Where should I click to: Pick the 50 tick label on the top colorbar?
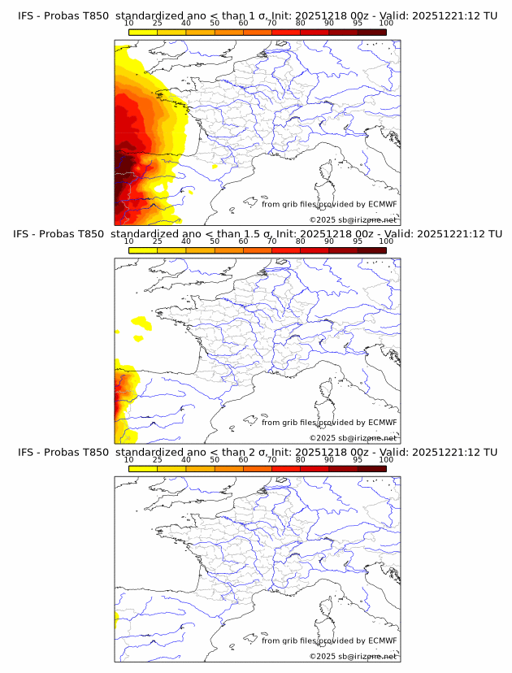tap(215, 23)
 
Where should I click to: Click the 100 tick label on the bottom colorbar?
tap(386, 459)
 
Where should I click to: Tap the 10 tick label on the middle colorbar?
tap(129, 241)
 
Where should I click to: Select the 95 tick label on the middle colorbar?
tap(358, 241)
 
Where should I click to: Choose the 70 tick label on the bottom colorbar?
tap(271, 459)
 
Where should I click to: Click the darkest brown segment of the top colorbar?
tap(371, 32)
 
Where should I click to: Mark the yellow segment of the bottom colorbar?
tap(143, 467)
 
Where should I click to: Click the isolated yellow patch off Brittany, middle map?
tap(141, 325)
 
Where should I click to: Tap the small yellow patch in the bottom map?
tap(117, 623)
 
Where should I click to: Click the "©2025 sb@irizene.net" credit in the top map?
tap(353, 220)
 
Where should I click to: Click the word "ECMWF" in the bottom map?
tap(382, 640)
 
